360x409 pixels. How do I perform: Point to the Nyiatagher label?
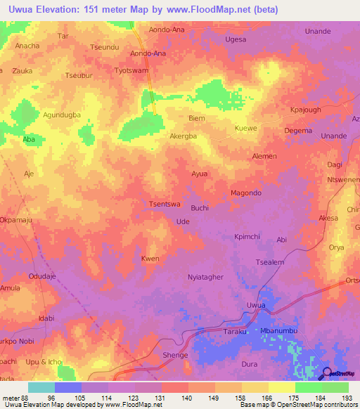point(205,278)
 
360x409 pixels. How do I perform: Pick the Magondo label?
point(246,193)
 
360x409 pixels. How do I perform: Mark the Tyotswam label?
point(131,71)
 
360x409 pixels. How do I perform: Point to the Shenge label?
point(175,355)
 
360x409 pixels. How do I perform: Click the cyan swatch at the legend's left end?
point(41,387)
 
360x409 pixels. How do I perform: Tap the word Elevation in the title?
point(61,10)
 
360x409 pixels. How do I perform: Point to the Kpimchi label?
point(247,238)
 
